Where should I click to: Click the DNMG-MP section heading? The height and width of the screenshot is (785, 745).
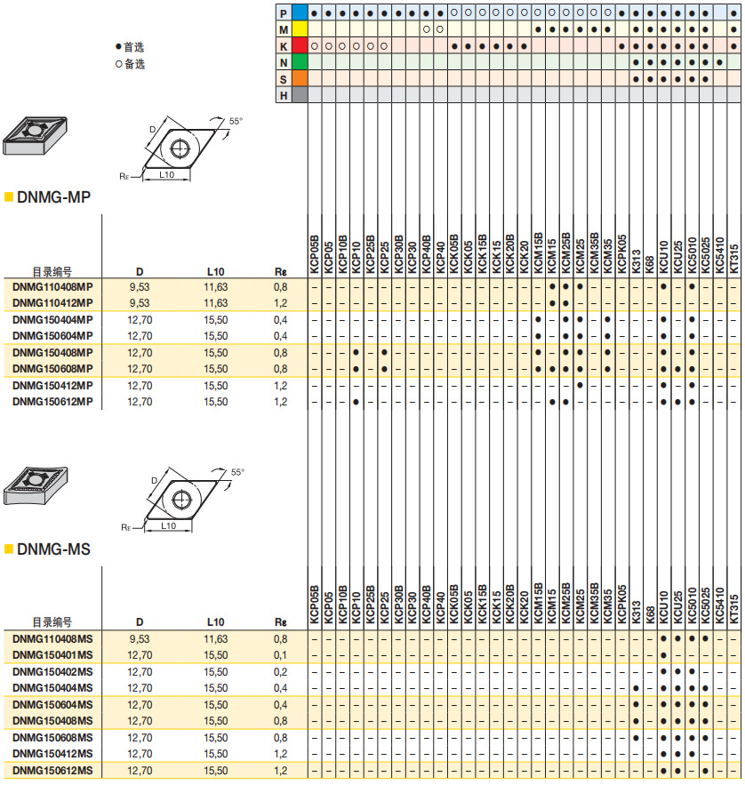click(53, 196)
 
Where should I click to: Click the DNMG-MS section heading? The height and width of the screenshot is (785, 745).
click(53, 549)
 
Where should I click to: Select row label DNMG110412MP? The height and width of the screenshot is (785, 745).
click(52, 303)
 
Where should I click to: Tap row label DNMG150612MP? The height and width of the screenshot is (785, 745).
click(52, 402)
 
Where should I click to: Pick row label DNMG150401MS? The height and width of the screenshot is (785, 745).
click(52, 655)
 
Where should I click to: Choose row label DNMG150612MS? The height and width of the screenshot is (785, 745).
click(52, 770)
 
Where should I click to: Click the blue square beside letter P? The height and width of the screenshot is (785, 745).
click(300, 14)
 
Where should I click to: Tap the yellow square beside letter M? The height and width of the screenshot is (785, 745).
click(300, 30)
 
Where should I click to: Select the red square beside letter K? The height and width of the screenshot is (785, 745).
click(300, 46)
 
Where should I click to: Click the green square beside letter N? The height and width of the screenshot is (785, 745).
click(300, 62)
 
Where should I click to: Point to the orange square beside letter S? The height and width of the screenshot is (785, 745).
click(300, 78)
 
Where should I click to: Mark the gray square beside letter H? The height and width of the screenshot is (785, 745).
click(300, 95)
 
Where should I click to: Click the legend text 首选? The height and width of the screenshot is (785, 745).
click(134, 48)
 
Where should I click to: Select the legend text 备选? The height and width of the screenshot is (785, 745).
click(134, 64)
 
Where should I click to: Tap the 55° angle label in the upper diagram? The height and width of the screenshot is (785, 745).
click(236, 121)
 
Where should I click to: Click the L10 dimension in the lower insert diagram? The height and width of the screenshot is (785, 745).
click(168, 525)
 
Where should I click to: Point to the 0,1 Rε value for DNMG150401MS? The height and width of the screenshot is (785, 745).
click(281, 655)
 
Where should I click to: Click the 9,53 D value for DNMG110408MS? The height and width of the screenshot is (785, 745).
click(140, 639)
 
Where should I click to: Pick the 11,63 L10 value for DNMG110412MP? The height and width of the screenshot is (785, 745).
click(215, 303)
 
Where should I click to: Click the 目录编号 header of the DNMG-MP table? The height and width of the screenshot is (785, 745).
click(52, 272)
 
